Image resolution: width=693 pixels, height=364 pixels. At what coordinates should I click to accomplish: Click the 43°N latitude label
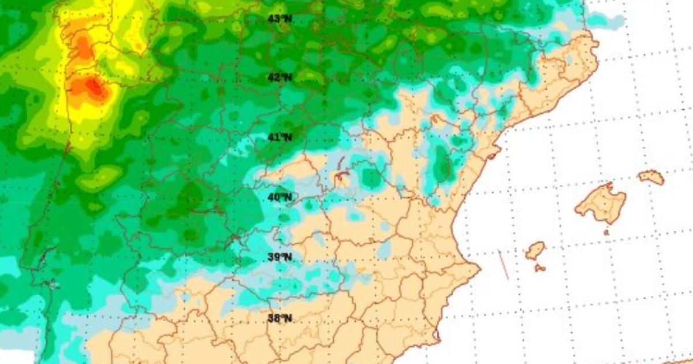click(280, 18)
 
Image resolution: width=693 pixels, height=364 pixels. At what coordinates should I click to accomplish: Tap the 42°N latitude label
click(280, 77)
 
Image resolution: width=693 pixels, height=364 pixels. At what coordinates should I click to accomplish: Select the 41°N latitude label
click(280, 137)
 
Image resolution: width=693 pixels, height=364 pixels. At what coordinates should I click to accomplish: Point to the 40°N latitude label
click(280, 197)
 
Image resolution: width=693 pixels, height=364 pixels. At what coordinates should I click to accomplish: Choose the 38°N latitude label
click(280, 317)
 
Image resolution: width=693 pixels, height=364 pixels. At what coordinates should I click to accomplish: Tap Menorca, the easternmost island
click(651, 177)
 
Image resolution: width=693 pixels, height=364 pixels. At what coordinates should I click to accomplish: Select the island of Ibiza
click(535, 251)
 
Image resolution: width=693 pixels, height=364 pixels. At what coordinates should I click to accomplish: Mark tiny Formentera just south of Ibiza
click(540, 268)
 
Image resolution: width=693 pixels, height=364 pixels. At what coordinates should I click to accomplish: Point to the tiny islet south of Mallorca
click(606, 232)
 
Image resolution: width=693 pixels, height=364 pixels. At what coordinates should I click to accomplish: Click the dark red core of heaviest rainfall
click(92, 87)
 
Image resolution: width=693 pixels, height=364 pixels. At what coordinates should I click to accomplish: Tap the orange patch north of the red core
click(84, 46)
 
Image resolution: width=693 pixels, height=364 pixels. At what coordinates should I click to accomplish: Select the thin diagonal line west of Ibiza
click(504, 265)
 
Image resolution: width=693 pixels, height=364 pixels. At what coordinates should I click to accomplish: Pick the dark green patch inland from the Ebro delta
click(442, 165)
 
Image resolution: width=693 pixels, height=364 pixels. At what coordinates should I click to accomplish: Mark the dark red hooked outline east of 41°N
click(342, 170)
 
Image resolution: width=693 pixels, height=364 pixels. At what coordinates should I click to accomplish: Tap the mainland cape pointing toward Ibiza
click(477, 269)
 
